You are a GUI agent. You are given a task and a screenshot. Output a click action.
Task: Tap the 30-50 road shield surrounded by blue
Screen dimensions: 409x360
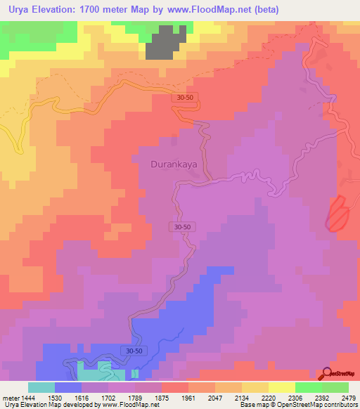coord(134,350)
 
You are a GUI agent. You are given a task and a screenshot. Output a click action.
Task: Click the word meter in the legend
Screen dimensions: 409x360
coord(8,398)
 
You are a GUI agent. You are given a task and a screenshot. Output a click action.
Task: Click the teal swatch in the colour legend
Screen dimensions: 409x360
coord(41,387)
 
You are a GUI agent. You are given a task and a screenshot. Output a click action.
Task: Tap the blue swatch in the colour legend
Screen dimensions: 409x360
coord(68,387)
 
